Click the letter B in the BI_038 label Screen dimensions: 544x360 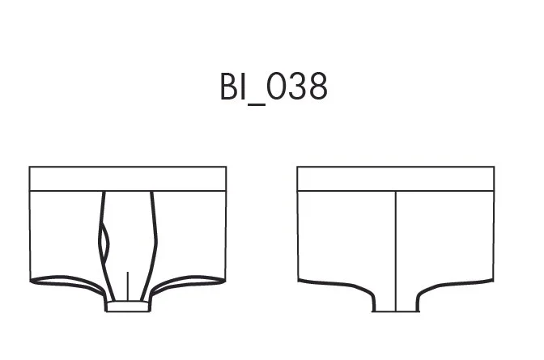(x=229, y=87)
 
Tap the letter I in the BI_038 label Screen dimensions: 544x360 (x=244, y=87)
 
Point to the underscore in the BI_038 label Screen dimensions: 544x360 (x=257, y=104)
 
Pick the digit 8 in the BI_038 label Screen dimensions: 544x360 (x=318, y=87)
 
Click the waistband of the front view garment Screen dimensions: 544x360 (x=128, y=179)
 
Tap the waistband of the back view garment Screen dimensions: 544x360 (x=396, y=179)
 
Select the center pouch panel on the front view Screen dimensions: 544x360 (x=129, y=243)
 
